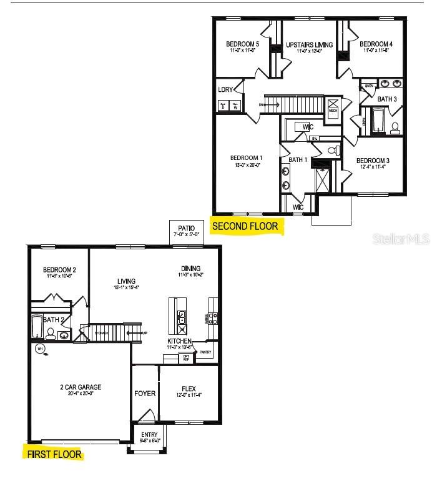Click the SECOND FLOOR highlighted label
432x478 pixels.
(245, 226)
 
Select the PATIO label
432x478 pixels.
(186, 229)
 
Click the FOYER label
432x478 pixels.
(145, 394)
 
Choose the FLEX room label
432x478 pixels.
(189, 388)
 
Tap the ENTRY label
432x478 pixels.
(149, 435)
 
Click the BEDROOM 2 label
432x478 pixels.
(59, 271)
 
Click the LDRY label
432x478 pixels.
(225, 89)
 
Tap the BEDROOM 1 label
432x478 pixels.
(246, 157)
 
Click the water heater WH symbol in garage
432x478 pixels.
(41, 349)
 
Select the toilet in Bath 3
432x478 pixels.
(395, 127)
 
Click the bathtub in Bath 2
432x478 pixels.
(36, 326)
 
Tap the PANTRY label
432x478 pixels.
(205, 352)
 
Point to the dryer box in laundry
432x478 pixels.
(223, 106)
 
